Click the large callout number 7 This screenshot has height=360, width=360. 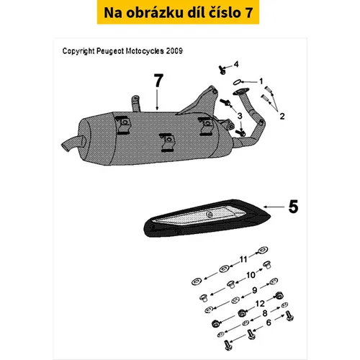(x=158, y=81)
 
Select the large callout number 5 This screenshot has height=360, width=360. (x=293, y=207)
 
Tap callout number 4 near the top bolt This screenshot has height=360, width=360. (x=236, y=64)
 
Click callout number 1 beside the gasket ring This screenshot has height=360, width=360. (x=261, y=81)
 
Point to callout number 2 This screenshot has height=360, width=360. (x=282, y=116)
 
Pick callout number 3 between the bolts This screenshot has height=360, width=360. (x=240, y=116)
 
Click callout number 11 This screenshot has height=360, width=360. (x=243, y=259)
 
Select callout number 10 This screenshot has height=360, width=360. (x=251, y=275)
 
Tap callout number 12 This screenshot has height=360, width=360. (x=260, y=304)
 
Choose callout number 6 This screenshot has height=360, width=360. (x=269, y=323)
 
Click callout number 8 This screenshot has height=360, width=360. (x=265, y=313)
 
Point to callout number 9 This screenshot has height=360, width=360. (x=255, y=290)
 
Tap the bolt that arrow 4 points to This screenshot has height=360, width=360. (x=222, y=70)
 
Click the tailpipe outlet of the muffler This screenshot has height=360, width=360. (x=73, y=143)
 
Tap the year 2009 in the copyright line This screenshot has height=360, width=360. (x=174, y=51)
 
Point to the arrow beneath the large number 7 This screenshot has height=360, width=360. (x=157, y=100)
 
